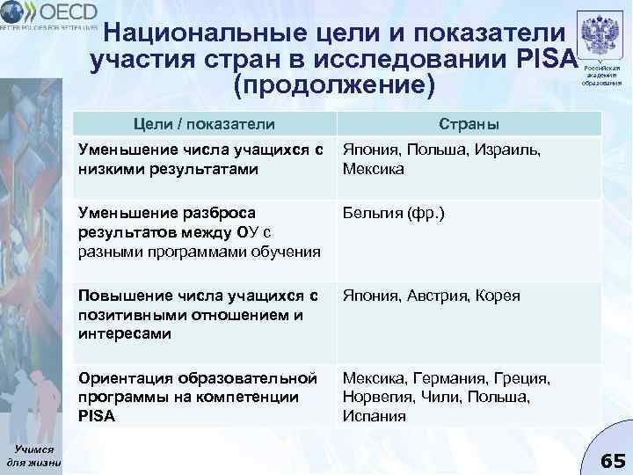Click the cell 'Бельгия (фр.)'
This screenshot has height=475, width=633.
[388, 214]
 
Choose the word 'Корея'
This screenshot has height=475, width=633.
[498, 296]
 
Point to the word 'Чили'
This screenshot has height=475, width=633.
[438, 398]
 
